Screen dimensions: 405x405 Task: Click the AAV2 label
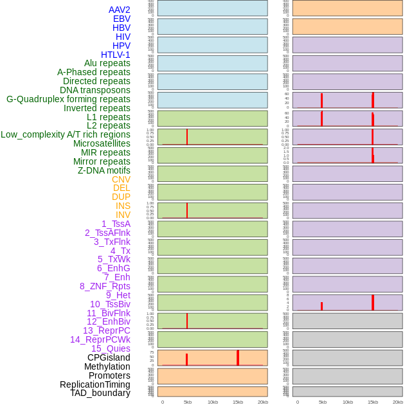click(119, 10)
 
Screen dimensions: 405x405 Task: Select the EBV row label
click(122, 19)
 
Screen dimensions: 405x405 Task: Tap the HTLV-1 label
click(115, 55)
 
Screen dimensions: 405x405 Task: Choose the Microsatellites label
click(102, 143)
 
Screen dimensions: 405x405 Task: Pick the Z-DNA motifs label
click(104, 170)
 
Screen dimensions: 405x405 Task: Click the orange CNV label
click(121, 179)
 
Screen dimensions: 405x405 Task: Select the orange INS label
click(123, 206)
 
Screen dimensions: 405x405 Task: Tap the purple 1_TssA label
click(116, 224)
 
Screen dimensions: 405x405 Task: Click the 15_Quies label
click(110, 348)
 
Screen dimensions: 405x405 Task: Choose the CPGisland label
click(109, 357)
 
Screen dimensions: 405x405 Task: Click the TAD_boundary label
click(100, 393)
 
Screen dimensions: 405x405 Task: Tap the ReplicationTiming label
click(95, 384)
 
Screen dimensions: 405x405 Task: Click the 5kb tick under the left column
click(188, 402)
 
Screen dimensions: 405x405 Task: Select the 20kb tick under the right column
click(397, 402)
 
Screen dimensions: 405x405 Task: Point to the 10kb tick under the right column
click(348, 402)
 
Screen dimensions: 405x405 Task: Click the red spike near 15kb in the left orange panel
click(238, 358)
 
